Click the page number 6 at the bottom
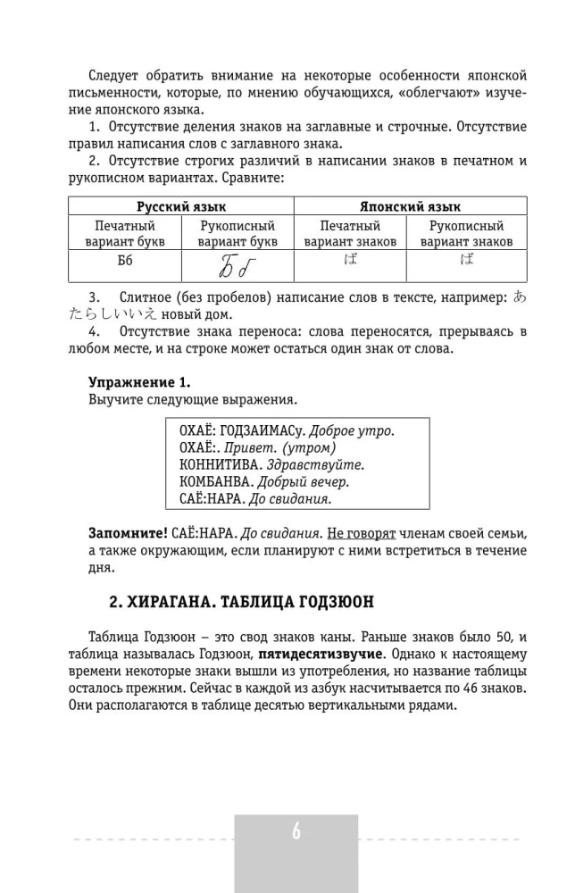coord(296,832)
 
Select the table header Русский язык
coord(180,206)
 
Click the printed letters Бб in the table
coord(125,263)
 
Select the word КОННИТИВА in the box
coord(219,465)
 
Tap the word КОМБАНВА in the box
coord(213,482)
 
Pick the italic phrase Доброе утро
coord(357,430)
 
